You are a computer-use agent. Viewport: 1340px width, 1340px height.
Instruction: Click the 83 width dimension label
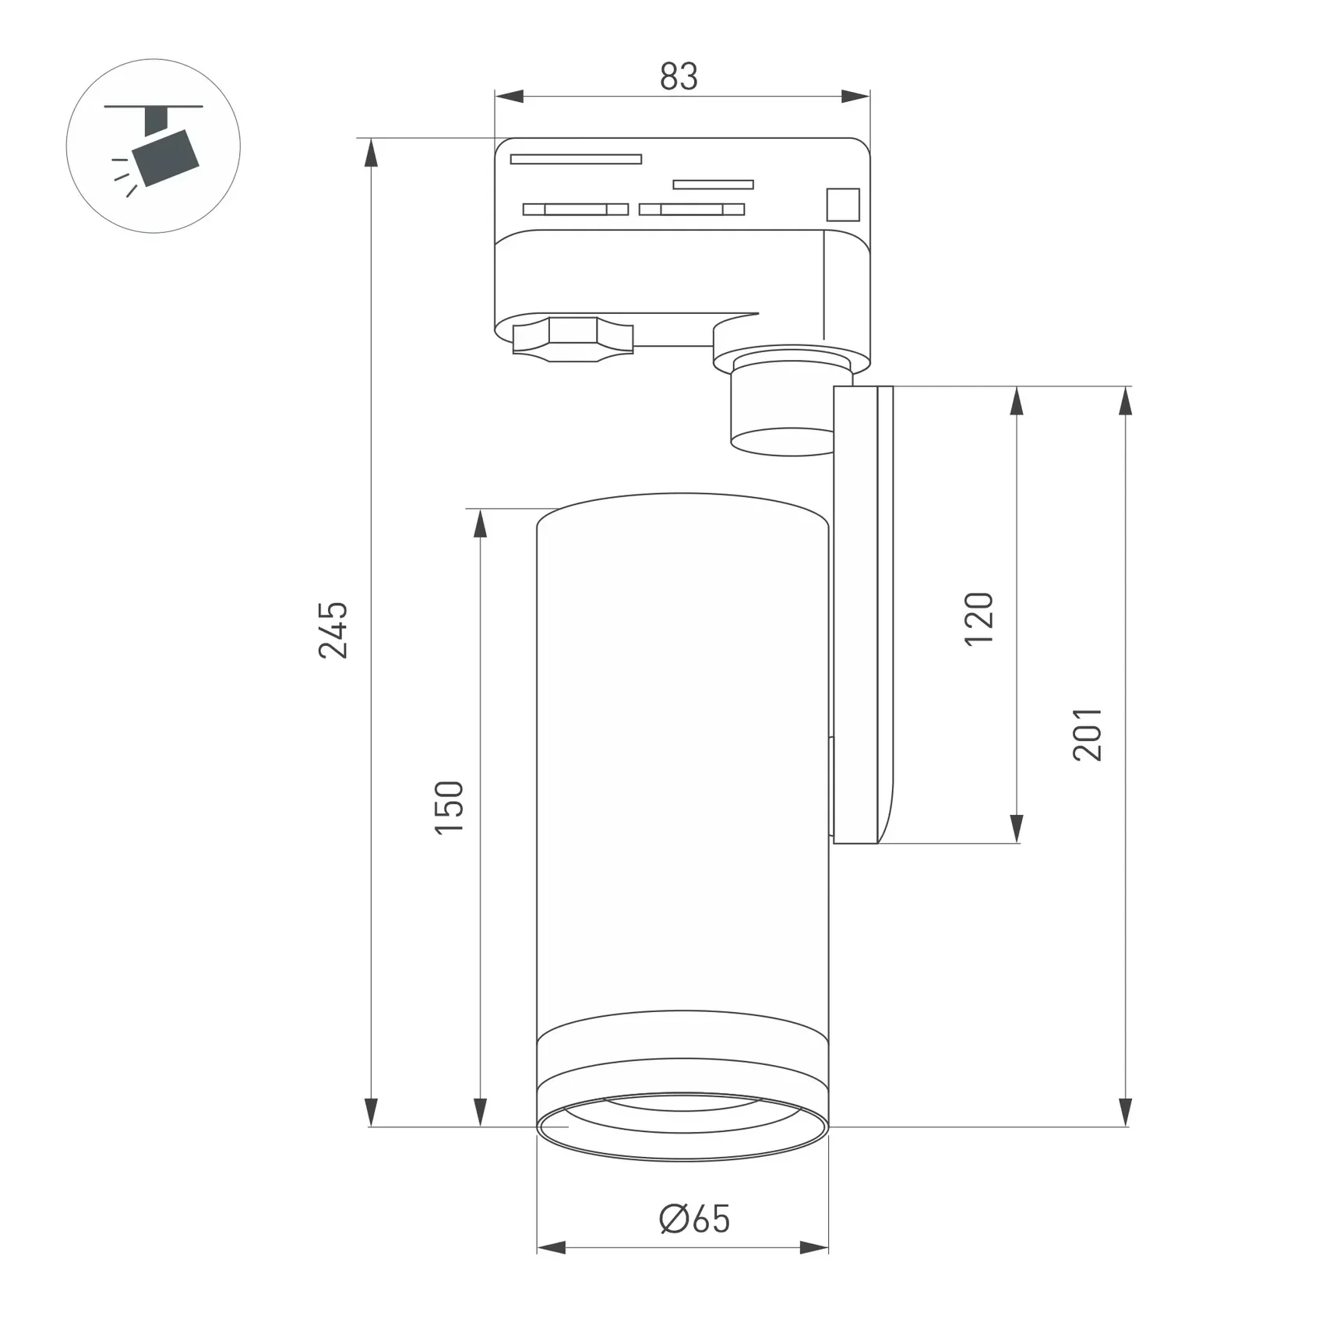pyautogui.click(x=679, y=76)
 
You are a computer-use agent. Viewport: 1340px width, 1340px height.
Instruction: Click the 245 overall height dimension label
pyautogui.click(x=333, y=629)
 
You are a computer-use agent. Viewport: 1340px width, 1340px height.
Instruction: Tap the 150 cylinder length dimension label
pyautogui.click(x=450, y=807)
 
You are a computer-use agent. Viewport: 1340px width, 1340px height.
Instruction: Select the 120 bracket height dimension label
pyautogui.click(x=979, y=619)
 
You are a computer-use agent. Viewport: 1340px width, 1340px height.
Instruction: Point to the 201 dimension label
pyautogui.click(x=1088, y=734)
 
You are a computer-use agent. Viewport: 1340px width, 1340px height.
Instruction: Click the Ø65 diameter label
pyautogui.click(x=694, y=1219)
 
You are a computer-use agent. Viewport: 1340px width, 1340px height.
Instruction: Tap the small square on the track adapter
pyautogui.click(x=842, y=205)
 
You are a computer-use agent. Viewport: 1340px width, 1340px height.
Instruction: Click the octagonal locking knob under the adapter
pyautogui.click(x=573, y=339)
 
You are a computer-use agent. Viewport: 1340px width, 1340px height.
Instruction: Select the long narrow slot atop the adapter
pyautogui.click(x=576, y=159)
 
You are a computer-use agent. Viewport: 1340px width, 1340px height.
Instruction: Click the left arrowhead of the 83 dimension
pyautogui.click(x=509, y=97)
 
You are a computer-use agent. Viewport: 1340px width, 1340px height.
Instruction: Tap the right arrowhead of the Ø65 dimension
pyautogui.click(x=815, y=1248)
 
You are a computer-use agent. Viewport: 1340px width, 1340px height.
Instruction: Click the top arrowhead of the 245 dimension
pyautogui.click(x=371, y=153)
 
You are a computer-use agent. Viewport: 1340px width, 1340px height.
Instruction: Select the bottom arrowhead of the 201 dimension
pyautogui.click(x=1124, y=1113)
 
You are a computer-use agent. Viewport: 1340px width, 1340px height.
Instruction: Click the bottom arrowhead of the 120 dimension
pyautogui.click(x=1016, y=829)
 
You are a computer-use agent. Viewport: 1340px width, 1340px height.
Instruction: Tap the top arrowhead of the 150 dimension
pyautogui.click(x=480, y=524)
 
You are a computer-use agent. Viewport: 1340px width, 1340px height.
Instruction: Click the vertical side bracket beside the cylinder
pyautogui.click(x=862, y=615)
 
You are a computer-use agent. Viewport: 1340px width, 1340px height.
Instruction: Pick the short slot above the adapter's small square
pyautogui.click(x=713, y=185)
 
